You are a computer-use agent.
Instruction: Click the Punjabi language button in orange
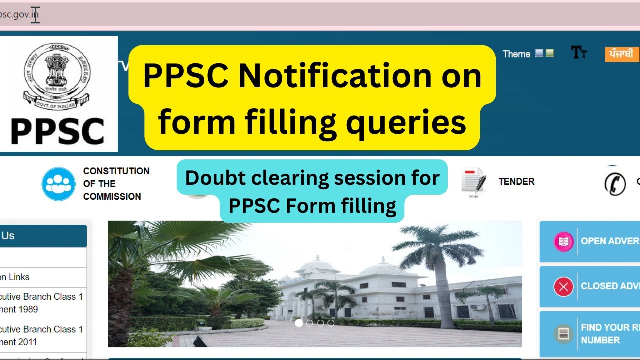coord(622,54)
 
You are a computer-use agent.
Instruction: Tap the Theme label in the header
coord(516,54)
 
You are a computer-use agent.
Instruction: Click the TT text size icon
coord(579,53)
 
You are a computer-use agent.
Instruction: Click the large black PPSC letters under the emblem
coord(58,131)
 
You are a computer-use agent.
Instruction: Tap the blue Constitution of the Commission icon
coord(58,184)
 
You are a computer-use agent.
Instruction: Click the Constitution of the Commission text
coord(116,184)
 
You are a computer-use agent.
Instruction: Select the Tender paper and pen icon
coord(473,181)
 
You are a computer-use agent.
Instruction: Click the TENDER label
coord(516,182)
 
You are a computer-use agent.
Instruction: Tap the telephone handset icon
coord(615,183)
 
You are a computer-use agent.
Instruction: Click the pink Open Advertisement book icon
coord(563,242)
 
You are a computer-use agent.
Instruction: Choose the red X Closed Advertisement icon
coord(563,287)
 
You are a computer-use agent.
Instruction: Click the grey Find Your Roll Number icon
coord(563,334)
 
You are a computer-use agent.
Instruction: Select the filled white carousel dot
coord(299,323)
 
